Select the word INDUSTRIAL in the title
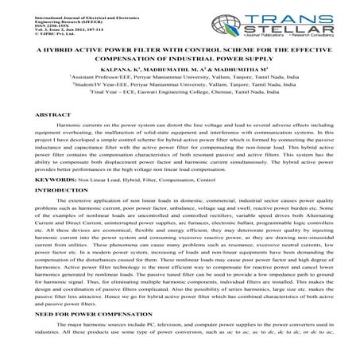[x=207, y=58]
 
